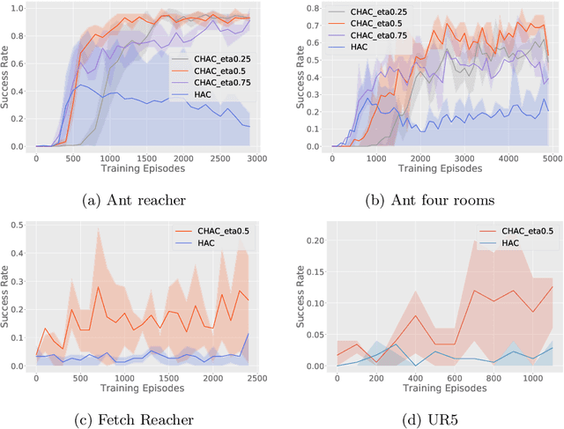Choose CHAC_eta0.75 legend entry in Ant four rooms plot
375,38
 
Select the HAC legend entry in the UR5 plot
511,241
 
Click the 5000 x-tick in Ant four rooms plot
549,159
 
